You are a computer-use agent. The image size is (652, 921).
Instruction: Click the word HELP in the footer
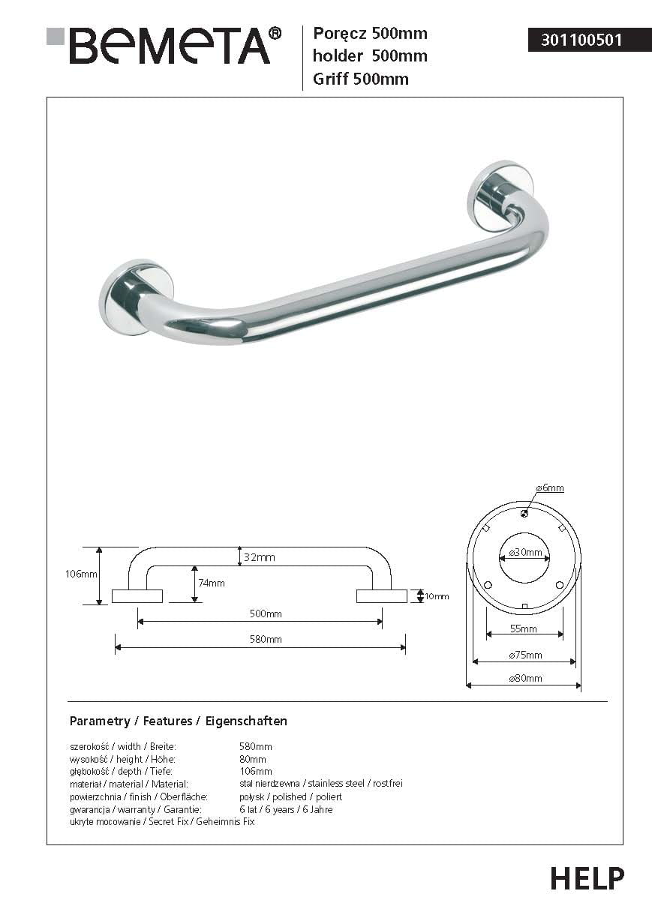tap(587, 877)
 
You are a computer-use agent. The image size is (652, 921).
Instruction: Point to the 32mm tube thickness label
tap(260, 557)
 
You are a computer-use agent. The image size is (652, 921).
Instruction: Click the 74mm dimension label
tap(212, 583)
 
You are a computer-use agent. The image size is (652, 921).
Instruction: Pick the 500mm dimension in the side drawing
tap(266, 613)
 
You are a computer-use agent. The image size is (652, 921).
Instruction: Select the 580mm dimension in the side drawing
tap(266, 639)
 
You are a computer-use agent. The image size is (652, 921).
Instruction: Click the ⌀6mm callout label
tap(549, 488)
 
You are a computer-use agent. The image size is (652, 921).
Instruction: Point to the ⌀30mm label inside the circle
tap(524, 553)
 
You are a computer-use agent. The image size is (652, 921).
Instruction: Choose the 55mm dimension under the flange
tap(524, 628)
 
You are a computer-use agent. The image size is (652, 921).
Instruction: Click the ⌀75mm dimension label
tap(524, 655)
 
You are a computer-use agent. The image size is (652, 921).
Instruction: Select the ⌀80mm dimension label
tap(524, 679)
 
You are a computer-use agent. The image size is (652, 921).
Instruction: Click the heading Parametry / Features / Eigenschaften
tap(178, 721)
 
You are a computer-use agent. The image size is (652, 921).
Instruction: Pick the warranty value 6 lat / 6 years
tap(286, 809)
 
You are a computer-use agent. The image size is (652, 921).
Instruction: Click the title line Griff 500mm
tap(360, 79)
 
